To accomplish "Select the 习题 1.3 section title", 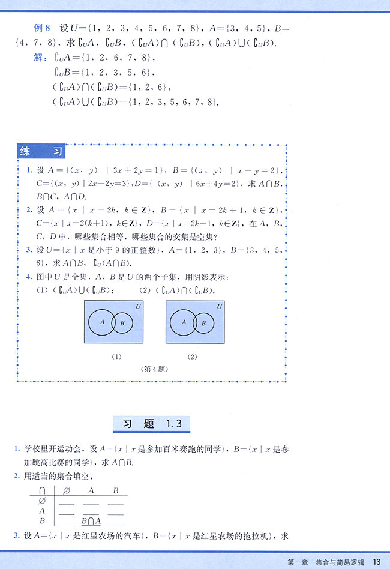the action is click(x=152, y=423).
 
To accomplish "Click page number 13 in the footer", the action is click(x=377, y=562).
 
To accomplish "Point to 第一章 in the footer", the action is click(x=298, y=562).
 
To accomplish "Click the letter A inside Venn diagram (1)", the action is click(x=102, y=322).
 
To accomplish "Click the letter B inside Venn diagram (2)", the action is click(x=204, y=323).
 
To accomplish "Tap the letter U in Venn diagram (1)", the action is click(x=138, y=306).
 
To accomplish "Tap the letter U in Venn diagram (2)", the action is click(x=220, y=306).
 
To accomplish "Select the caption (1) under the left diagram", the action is click(x=116, y=357).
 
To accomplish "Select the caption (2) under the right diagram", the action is click(x=192, y=357).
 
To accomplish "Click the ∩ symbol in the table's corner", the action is click(x=42, y=490).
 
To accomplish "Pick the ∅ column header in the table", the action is click(x=67, y=490).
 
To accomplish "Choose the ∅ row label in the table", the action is click(x=42, y=501).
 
